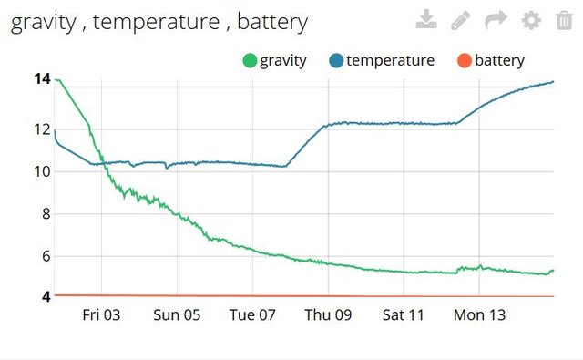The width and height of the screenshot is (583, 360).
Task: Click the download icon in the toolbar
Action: (426, 20)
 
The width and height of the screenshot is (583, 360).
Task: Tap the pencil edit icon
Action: (461, 20)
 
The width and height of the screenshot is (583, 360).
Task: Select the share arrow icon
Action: (496, 20)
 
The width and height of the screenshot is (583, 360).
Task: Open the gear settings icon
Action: (530, 20)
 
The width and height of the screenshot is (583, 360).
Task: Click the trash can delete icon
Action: (564, 20)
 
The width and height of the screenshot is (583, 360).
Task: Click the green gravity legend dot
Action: (249, 61)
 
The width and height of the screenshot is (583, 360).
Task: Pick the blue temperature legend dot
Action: (336, 61)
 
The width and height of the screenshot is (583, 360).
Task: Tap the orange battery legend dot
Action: (464, 61)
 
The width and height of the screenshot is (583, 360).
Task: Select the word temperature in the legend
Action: (390, 61)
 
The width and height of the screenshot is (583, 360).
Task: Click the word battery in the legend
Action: (499, 61)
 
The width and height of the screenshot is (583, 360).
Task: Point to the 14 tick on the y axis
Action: (42, 79)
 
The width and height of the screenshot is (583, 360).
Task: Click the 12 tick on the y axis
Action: (42, 129)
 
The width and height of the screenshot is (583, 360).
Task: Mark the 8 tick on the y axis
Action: (45, 214)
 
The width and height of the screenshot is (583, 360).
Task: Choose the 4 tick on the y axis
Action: (45, 296)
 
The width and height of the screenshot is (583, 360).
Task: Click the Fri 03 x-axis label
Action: (101, 315)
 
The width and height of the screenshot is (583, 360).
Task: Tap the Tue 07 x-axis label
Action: (252, 315)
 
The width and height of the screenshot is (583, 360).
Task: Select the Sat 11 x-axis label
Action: (404, 315)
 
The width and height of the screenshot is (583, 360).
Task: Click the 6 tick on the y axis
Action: (45, 256)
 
